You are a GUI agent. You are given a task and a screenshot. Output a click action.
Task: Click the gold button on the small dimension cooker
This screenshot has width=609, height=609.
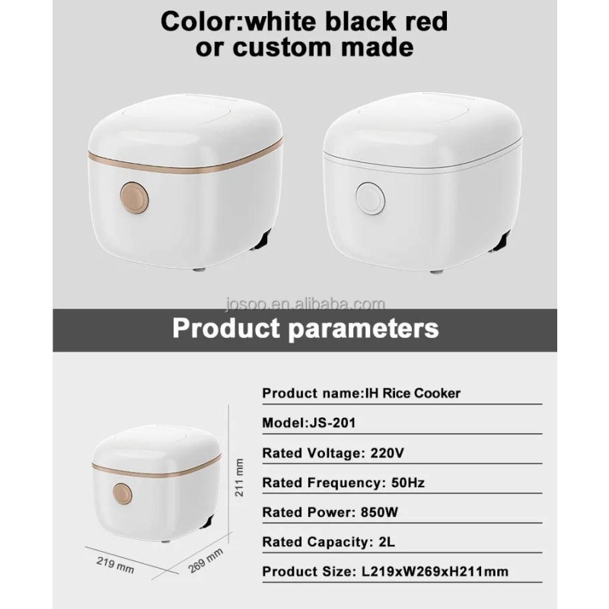(123, 494)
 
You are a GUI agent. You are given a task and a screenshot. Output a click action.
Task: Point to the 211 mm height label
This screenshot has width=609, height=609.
(240, 477)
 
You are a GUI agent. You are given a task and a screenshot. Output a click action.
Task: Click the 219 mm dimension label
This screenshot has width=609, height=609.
(116, 565)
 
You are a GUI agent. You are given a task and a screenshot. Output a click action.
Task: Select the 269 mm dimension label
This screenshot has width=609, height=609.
(206, 560)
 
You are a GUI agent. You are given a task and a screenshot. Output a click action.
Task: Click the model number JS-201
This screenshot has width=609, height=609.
(333, 422)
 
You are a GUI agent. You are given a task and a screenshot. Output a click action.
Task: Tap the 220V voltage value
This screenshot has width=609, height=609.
(387, 453)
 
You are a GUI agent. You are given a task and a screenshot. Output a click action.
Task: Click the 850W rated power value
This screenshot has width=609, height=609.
(379, 512)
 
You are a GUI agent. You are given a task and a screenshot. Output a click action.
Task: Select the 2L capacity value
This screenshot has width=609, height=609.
(387, 542)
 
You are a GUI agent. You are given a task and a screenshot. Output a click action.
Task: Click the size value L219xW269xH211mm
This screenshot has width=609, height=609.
(435, 572)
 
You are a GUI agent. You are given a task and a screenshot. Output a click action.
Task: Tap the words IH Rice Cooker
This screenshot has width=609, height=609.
(413, 393)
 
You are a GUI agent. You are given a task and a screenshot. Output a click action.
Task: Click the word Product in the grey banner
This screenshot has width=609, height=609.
(226, 329)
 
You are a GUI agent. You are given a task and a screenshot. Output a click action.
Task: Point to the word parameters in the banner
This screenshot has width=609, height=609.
(364, 330)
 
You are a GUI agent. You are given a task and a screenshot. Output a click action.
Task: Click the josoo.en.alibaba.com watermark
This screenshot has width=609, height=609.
(305, 304)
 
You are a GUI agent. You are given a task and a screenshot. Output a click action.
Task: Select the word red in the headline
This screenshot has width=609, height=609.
(426, 21)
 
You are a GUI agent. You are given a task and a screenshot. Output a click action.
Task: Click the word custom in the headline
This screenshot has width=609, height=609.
(282, 47)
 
